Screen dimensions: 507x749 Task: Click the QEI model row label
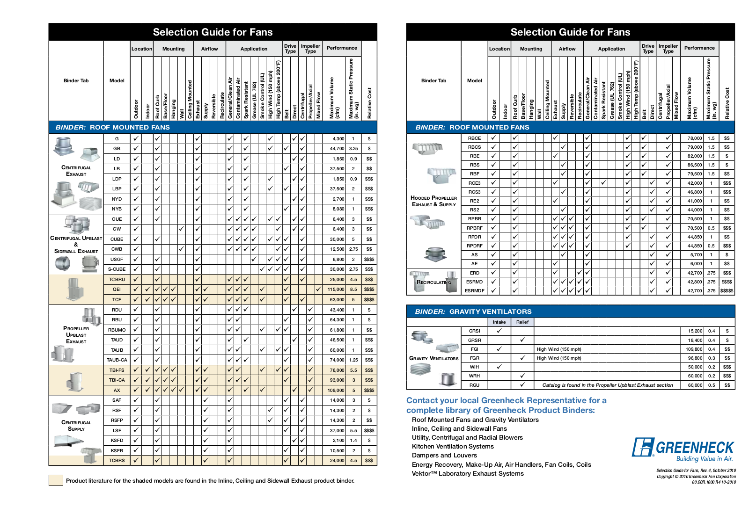(x=117, y=290)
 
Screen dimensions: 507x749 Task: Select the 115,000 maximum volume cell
(x=336, y=290)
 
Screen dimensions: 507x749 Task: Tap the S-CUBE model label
(x=117, y=269)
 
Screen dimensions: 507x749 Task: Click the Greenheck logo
(x=683, y=448)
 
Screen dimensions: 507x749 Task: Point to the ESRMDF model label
(x=474, y=291)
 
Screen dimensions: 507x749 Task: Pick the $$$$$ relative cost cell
(x=727, y=291)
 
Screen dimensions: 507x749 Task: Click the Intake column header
(x=499, y=322)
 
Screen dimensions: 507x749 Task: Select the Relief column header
(x=522, y=322)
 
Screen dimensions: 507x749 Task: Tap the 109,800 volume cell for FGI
(x=694, y=349)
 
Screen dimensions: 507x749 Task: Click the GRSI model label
(x=474, y=331)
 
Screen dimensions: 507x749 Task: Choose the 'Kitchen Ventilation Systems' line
(x=453, y=447)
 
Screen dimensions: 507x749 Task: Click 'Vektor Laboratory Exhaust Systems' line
(x=468, y=474)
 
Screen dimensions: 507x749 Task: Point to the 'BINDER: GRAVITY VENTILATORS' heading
(x=473, y=311)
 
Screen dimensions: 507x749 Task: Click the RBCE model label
(x=474, y=138)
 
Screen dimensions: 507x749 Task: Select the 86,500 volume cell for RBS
(x=694, y=165)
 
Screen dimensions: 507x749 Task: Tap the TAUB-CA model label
(x=117, y=360)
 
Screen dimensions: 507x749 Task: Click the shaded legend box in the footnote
(x=56, y=480)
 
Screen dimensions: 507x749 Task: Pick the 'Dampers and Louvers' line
(x=444, y=456)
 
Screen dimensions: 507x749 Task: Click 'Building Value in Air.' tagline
(x=704, y=459)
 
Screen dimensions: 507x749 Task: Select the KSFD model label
(x=117, y=441)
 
